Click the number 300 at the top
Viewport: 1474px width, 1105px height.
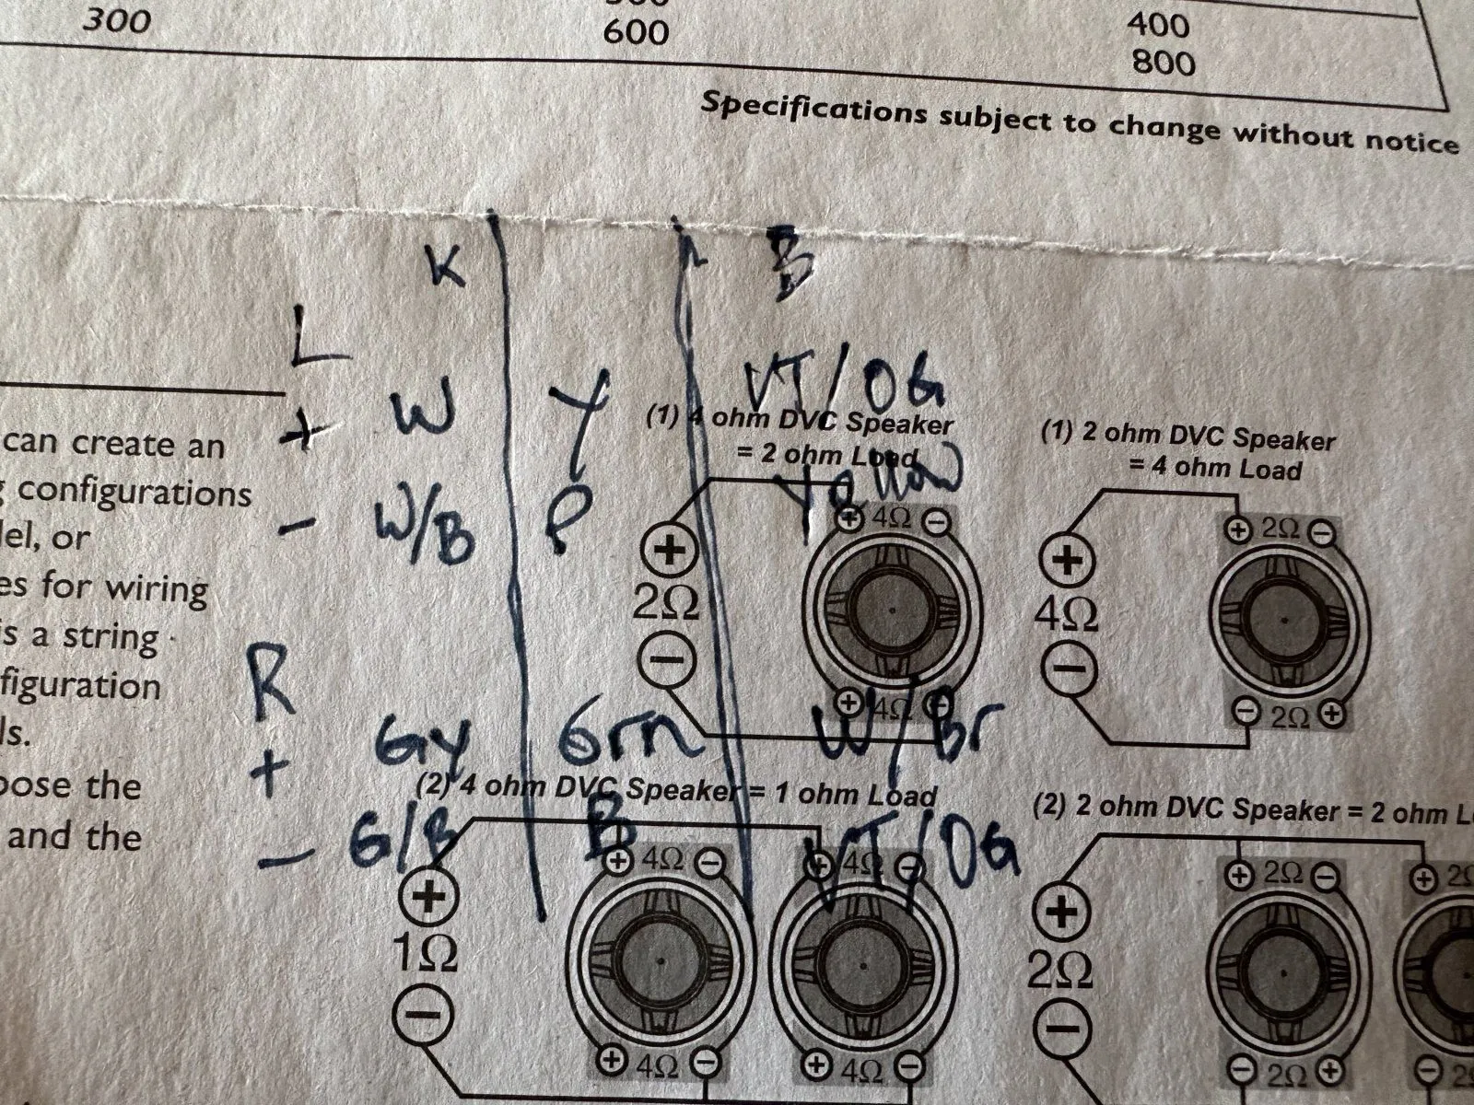(x=116, y=19)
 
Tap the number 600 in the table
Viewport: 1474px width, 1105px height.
(x=635, y=33)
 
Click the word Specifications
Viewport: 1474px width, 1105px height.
(x=813, y=109)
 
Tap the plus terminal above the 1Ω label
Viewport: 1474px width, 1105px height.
(x=427, y=897)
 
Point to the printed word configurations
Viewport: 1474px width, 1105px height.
(x=135, y=492)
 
